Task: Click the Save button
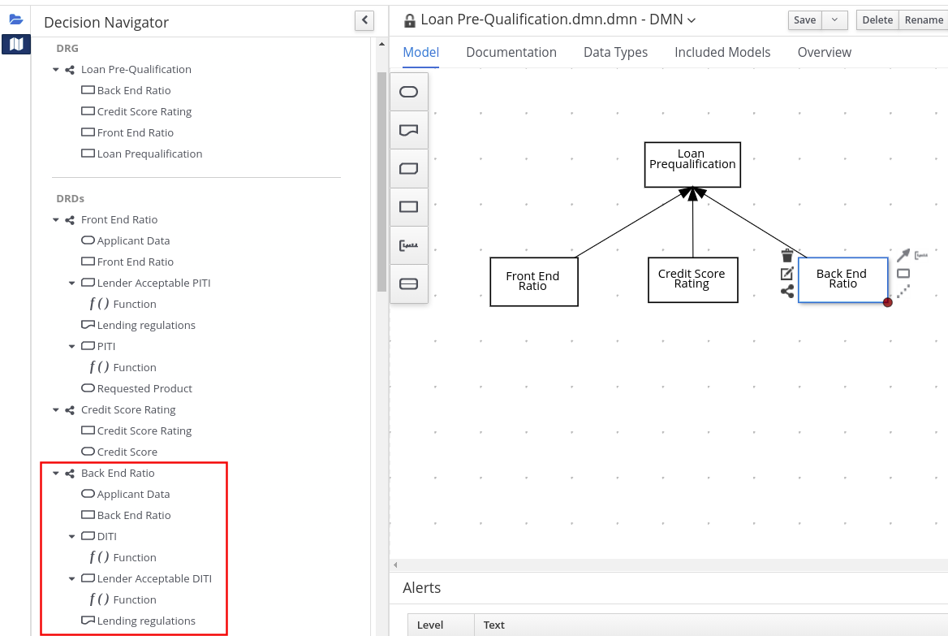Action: coord(804,20)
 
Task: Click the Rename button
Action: coord(924,20)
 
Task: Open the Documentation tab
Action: coord(511,53)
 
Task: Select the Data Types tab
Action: coord(615,53)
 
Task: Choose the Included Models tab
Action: coord(722,53)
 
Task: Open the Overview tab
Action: coord(824,53)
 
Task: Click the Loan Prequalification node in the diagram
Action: coord(692,165)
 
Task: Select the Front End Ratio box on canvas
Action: coord(533,282)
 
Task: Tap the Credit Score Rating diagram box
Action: coord(692,280)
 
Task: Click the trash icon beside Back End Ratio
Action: coord(786,256)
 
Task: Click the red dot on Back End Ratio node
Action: coord(888,302)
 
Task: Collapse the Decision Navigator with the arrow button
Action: coord(364,20)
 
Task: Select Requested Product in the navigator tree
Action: coord(144,389)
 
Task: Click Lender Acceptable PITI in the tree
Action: coord(153,283)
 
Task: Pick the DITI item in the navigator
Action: coord(106,537)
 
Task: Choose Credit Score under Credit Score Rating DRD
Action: coord(127,452)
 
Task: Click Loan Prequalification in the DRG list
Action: coord(149,154)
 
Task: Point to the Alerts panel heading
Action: coord(422,588)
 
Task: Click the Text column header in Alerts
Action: coord(494,625)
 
